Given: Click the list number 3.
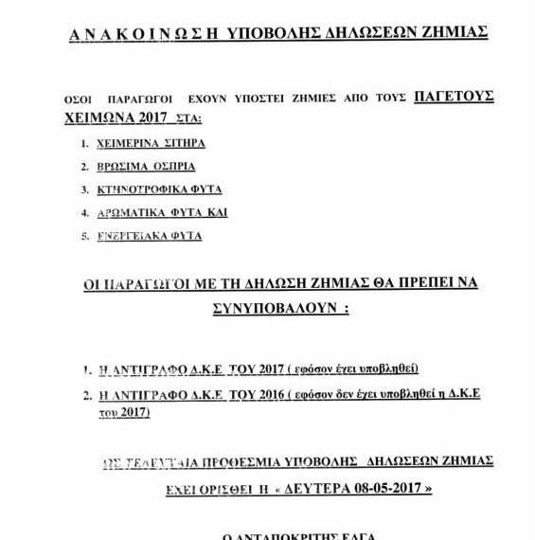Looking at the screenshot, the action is tap(85, 189).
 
